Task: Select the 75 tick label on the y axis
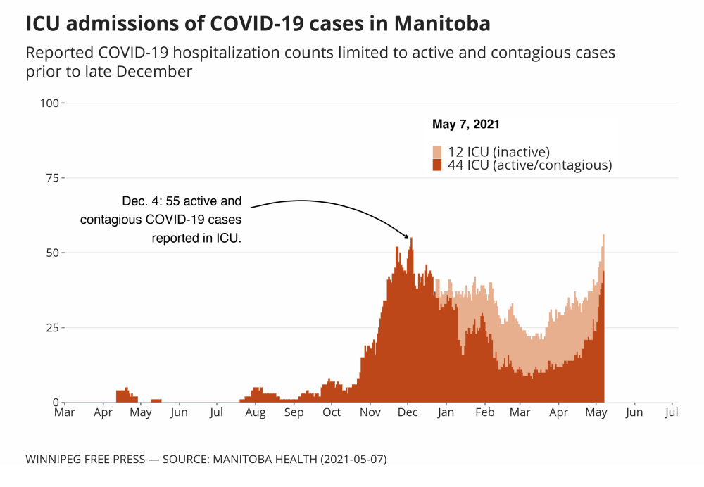coord(53,178)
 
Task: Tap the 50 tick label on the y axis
coord(53,253)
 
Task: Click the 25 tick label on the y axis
coord(53,328)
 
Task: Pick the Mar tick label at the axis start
coord(64,412)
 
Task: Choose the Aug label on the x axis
coord(256,412)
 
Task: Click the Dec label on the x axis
coord(408,412)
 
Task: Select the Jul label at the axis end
coord(671,412)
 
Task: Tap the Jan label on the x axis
coord(446,412)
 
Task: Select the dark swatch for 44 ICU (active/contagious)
coord(437,165)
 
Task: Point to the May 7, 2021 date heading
coord(465,125)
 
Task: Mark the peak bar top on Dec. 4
coord(411,239)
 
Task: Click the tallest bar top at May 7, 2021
coord(603,236)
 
